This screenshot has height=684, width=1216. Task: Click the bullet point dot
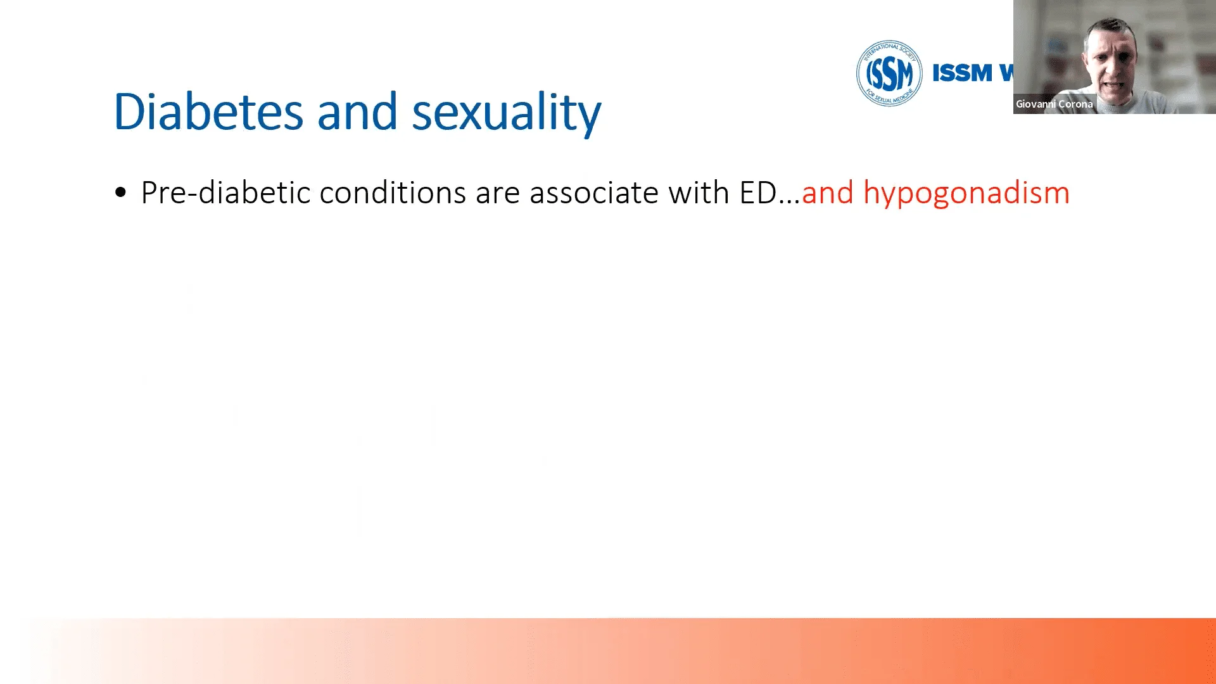click(x=121, y=193)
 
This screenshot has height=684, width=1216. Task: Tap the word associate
click(x=594, y=193)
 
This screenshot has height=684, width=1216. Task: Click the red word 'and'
click(x=827, y=193)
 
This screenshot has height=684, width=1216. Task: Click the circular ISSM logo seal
click(x=889, y=73)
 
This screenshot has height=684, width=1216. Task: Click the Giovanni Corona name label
click(x=1054, y=104)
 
